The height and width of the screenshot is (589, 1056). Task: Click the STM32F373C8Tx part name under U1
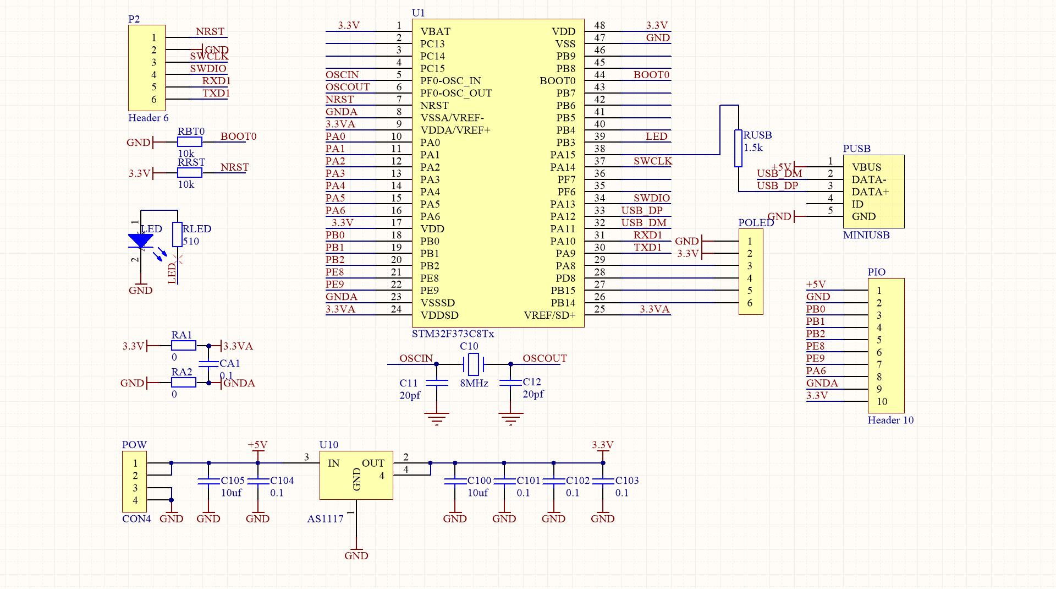(453, 334)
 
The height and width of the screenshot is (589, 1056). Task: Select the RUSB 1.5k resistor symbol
(738, 148)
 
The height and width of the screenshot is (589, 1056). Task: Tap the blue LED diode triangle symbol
(141, 241)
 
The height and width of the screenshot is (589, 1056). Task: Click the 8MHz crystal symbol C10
(473, 364)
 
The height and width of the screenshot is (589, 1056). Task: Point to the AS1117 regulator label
(325, 519)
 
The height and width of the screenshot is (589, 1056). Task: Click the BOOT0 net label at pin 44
(651, 74)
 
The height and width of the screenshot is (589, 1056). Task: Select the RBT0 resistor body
(190, 142)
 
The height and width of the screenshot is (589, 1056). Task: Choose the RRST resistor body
(190, 173)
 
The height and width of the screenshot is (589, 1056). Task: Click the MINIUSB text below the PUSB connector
(866, 235)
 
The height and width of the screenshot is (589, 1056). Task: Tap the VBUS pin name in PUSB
(866, 167)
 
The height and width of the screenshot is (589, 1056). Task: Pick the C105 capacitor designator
(233, 480)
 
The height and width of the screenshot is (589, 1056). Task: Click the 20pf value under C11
(410, 395)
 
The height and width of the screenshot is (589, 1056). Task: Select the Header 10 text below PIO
(890, 420)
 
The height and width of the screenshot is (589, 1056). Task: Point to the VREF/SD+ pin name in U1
(549, 315)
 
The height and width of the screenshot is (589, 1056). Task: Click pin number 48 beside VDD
(599, 25)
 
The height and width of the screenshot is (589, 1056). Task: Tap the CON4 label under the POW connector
(136, 519)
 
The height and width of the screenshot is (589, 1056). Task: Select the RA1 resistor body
(184, 346)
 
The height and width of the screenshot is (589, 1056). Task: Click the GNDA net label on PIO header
(822, 383)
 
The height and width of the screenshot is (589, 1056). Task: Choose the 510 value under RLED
(191, 241)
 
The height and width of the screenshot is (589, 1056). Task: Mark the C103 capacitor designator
(627, 480)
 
